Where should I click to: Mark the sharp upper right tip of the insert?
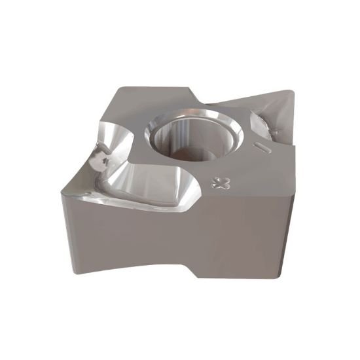293,92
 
